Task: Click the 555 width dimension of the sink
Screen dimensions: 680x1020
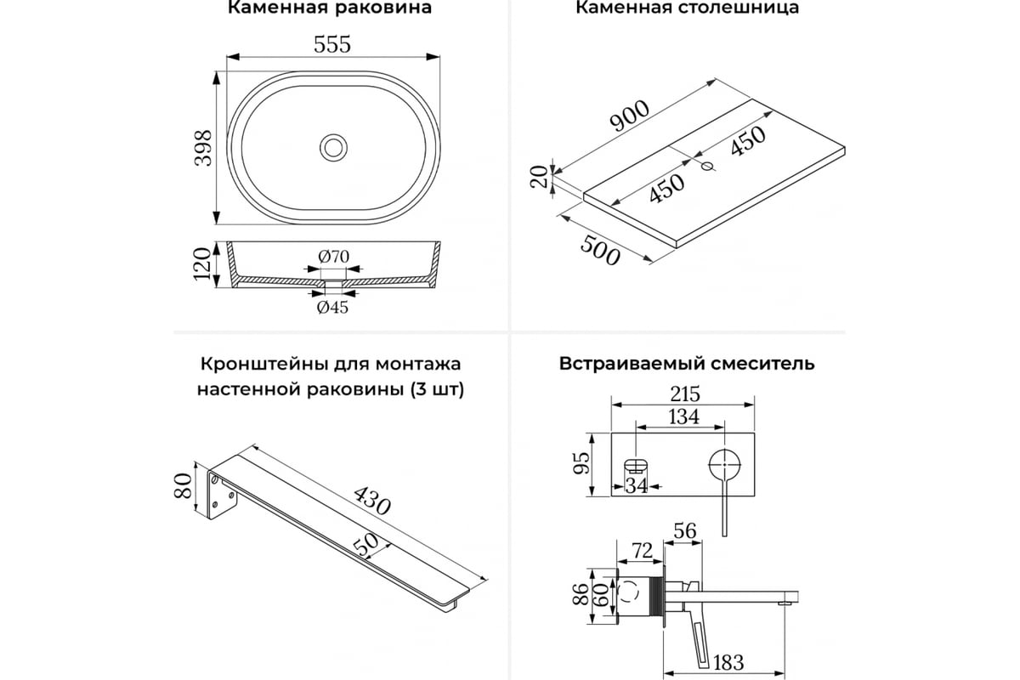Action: click(332, 44)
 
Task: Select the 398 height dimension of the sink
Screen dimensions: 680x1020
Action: click(203, 149)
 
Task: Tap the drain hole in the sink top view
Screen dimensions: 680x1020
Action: click(333, 146)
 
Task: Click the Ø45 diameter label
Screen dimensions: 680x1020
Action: click(332, 307)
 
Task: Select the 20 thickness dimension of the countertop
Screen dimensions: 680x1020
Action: click(537, 177)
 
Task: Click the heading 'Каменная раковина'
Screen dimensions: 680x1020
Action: click(330, 8)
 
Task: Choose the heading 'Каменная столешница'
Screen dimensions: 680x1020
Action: click(687, 8)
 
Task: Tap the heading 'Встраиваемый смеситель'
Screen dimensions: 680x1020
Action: click(687, 364)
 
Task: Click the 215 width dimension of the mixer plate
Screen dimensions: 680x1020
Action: click(683, 394)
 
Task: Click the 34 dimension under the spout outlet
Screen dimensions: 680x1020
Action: click(636, 485)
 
